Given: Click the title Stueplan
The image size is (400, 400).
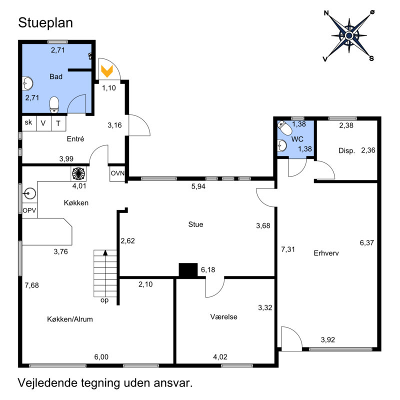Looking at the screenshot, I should [45, 22].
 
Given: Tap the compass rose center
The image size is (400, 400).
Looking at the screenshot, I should [349, 35].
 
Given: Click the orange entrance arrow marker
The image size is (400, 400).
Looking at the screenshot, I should [106, 70].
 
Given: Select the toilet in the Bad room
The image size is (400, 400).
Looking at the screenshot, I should [54, 104].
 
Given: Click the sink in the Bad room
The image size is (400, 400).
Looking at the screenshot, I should [28, 83].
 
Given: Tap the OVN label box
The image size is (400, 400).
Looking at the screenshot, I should [117, 173].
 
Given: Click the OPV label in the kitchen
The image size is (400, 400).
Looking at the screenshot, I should [29, 210].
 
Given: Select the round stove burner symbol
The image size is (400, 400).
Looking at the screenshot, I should [79, 173].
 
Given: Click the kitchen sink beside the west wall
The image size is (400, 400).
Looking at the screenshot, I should [30, 192].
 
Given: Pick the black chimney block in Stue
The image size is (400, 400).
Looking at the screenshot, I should [188, 270].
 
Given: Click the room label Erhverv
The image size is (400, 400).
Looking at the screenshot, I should [326, 253].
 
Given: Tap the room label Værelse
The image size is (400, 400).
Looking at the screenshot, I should [223, 316].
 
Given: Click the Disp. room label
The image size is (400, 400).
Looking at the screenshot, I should [346, 150].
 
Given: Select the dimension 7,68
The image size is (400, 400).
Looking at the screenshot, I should [32, 285].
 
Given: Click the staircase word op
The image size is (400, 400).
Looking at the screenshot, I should [104, 300].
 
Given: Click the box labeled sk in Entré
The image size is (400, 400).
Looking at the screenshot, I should [28, 123].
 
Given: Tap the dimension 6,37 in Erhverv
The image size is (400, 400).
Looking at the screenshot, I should [366, 242].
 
